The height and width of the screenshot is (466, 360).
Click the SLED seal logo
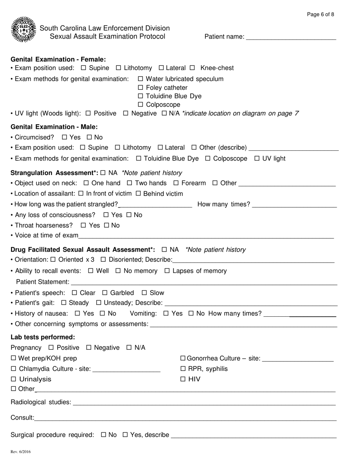point(24,29)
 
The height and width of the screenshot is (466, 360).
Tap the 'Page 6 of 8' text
point(320,15)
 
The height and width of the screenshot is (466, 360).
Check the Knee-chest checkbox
point(192,68)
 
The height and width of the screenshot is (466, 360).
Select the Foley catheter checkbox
point(141,88)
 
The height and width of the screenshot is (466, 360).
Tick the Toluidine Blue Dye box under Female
point(141,96)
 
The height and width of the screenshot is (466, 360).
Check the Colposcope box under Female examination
point(141,105)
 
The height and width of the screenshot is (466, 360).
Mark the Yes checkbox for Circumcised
point(64,138)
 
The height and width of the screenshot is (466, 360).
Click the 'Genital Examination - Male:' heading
point(54,127)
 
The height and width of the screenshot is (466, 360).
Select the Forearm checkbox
point(176,183)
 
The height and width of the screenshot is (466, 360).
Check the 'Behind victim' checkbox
point(138,194)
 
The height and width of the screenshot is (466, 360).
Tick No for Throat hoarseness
point(106,226)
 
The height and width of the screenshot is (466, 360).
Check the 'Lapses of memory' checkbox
point(167,271)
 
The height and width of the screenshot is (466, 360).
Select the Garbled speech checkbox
point(105,293)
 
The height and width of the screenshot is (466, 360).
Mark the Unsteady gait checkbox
point(99,303)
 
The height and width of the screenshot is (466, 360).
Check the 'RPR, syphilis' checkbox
point(183,369)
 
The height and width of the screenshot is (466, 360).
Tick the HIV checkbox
point(183,379)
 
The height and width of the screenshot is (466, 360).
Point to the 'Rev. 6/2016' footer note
point(21,452)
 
